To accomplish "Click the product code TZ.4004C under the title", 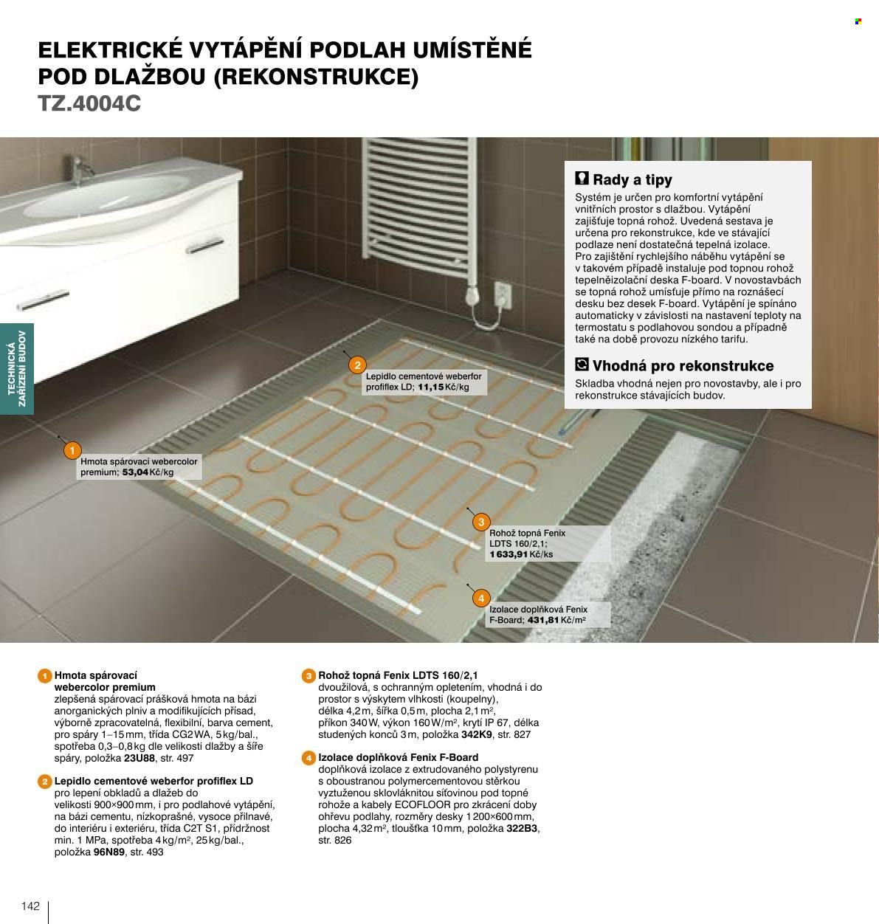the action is coord(89,103).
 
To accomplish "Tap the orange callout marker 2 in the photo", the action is coord(357,365).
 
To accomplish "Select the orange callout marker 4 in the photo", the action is coord(481,599).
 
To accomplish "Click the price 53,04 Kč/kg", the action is coord(148,472).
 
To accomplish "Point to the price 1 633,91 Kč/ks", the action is coord(521,554).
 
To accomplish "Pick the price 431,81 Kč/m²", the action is coord(556,620).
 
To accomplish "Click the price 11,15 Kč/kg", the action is coord(444,387).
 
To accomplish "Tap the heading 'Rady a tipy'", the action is coord(632,179).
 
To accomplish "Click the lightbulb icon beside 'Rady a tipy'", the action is coord(582,178).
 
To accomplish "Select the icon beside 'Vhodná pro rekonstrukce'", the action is coord(582,365).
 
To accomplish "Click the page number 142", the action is coord(30,906).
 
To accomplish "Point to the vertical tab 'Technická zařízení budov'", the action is coord(16,368).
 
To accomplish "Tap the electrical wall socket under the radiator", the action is coord(503,294).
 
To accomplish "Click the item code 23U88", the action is coord(139,758).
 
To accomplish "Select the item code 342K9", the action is coord(477,734).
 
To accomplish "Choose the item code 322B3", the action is coord(521,828).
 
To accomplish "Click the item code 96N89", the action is coord(109,852).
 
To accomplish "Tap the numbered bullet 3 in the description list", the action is coord(308,676).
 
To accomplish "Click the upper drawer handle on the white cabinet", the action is coord(205,246).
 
